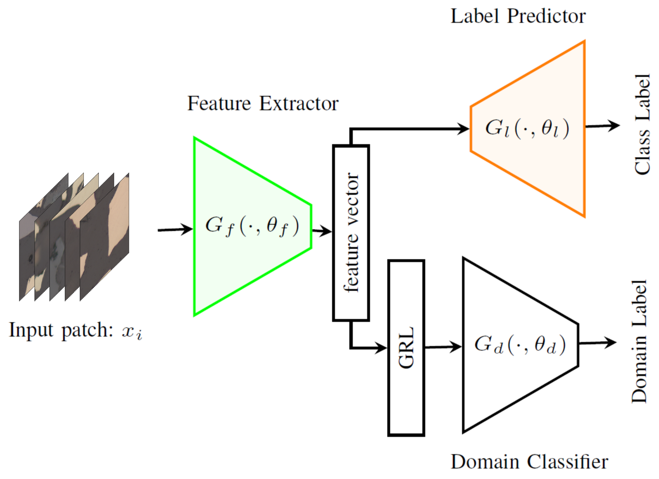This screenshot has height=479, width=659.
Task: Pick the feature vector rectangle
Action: (x=351, y=233)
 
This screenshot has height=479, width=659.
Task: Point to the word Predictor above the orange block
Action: (x=546, y=16)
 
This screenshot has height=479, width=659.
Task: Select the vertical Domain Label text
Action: (x=639, y=341)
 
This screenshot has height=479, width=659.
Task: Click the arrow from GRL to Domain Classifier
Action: (x=443, y=347)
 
